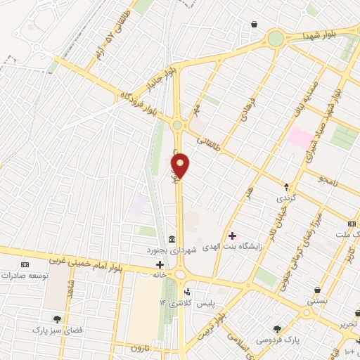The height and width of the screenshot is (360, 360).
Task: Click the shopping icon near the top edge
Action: pos(254,25)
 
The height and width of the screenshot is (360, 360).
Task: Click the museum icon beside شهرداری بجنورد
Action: pos(172,240)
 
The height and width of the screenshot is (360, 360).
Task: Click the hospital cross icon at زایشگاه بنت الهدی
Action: pos(233,236)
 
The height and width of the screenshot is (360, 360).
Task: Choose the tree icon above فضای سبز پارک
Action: pos(57,319)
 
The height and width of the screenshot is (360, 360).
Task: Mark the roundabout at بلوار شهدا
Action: pos(276,38)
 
